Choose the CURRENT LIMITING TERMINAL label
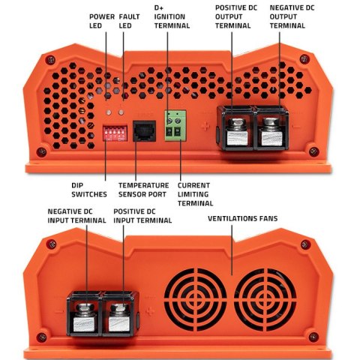[196, 193]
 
